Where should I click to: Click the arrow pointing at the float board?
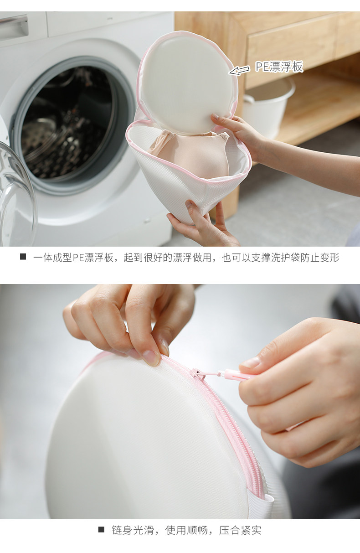(x=239, y=70)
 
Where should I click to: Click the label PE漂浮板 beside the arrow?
(x=279, y=67)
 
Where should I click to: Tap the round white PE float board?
(x=187, y=84)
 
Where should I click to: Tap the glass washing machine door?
(x=17, y=192)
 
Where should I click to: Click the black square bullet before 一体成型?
(x=23, y=257)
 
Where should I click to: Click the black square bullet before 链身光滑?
(x=101, y=530)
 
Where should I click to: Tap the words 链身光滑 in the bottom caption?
(x=133, y=530)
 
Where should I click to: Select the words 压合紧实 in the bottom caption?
(x=240, y=530)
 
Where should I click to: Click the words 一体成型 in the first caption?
(x=52, y=258)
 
